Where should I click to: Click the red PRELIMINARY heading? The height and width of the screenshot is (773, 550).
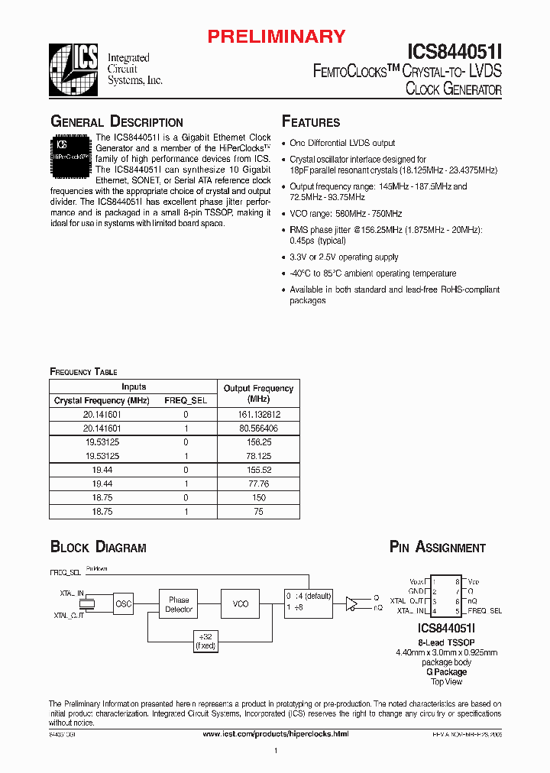coord(277,36)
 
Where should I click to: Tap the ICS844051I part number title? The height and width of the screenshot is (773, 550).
coord(454,51)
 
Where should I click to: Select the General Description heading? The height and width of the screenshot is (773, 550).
coord(116,122)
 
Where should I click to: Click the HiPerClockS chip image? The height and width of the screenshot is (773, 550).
coord(71,157)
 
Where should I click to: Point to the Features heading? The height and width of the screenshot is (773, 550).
coord(311,122)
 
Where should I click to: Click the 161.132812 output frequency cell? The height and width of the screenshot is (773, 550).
coord(258,414)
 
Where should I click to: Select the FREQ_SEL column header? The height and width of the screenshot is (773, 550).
coord(186,400)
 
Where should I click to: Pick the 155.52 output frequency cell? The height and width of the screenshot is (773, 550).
coord(258,471)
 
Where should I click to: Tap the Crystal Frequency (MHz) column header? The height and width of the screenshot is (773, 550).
coord(102,400)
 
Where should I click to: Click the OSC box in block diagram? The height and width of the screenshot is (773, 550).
coord(123,604)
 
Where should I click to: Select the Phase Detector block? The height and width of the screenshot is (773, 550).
coord(179,604)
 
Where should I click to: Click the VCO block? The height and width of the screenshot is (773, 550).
coord(241,603)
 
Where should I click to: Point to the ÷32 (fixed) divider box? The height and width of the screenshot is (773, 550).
coord(205,641)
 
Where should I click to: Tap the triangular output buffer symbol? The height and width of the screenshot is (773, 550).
coord(351,603)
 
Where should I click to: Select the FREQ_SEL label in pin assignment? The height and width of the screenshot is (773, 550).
coord(485,611)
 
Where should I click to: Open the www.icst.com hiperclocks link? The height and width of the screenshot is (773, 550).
coord(275,733)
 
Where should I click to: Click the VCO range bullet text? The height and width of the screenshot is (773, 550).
coord(345,214)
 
